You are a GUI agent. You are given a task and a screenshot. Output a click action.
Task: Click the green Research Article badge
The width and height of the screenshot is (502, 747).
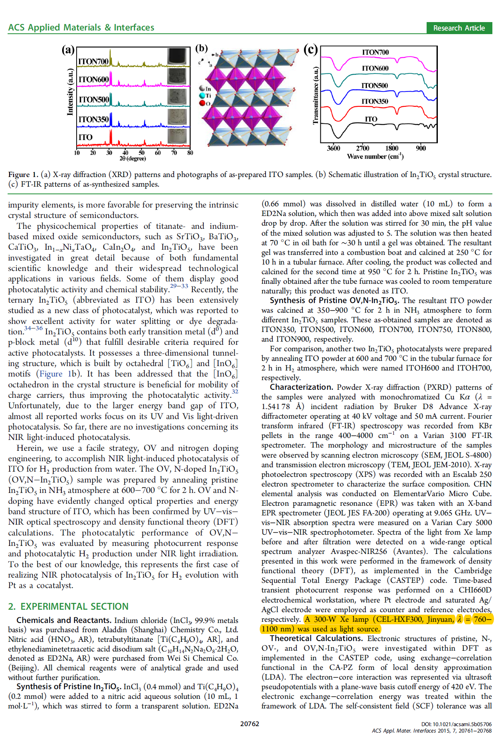[x=459, y=28]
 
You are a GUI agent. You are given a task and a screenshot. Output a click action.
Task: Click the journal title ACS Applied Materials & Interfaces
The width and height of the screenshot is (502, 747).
[x=81, y=27]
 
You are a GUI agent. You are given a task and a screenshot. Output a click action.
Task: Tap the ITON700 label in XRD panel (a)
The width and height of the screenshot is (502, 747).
[x=93, y=61]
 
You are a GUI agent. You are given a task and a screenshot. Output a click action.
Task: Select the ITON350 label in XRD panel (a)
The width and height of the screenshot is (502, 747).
[x=93, y=119]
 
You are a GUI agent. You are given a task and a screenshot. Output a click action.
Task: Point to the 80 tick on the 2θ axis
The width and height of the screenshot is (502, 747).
[x=190, y=153]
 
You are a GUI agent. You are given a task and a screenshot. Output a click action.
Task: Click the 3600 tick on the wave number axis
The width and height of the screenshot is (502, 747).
[x=333, y=148]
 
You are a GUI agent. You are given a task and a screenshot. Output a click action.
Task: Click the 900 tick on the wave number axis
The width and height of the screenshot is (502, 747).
[x=421, y=148]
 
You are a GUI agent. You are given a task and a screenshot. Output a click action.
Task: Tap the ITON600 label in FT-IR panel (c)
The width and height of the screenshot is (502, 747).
[x=375, y=68]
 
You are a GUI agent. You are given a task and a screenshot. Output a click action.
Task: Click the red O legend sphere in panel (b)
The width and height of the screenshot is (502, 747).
[x=202, y=103]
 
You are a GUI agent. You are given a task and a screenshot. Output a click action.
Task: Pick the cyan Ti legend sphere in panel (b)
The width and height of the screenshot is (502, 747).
[x=202, y=96]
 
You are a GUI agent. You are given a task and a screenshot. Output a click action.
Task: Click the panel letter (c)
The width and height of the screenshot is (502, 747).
[x=310, y=50]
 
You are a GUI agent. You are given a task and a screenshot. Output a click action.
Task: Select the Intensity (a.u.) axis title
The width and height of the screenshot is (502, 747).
[x=70, y=92]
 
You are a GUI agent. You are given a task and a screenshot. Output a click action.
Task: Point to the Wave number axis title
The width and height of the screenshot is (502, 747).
[x=375, y=157]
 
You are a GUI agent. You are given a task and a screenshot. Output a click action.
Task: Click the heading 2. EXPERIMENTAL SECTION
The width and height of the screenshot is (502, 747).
[x=68, y=606]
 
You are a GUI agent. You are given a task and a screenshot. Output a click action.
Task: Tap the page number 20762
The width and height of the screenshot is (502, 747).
[x=249, y=724]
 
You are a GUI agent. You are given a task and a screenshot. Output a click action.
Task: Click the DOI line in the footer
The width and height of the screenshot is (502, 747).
[x=456, y=724]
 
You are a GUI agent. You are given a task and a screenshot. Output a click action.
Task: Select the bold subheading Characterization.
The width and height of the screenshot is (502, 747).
[x=301, y=387]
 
